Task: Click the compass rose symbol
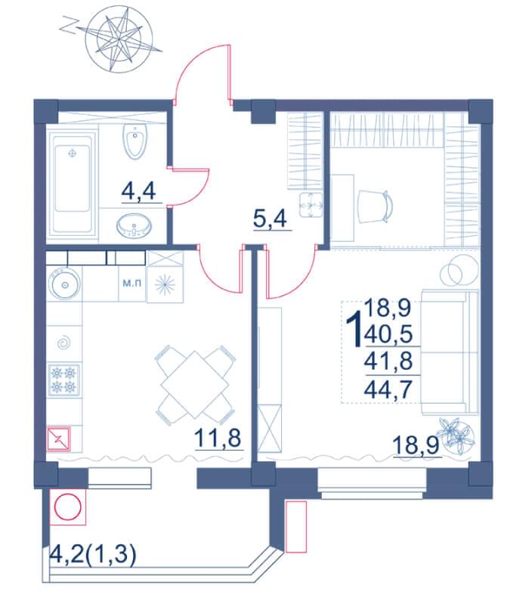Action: [x=119, y=38]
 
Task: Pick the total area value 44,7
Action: [x=388, y=389]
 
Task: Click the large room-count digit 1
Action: [x=354, y=328]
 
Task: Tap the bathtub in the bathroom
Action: [x=73, y=183]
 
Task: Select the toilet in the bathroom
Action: [x=135, y=141]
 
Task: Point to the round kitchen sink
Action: [x=64, y=284]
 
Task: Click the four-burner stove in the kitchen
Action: [x=63, y=380]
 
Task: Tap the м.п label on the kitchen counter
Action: [x=132, y=283]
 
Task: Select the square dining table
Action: [x=194, y=384]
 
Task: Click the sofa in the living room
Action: [x=450, y=351]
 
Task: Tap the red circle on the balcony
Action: [x=67, y=507]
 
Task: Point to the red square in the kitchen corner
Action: [x=58, y=439]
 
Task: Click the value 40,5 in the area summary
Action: [x=388, y=335]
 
